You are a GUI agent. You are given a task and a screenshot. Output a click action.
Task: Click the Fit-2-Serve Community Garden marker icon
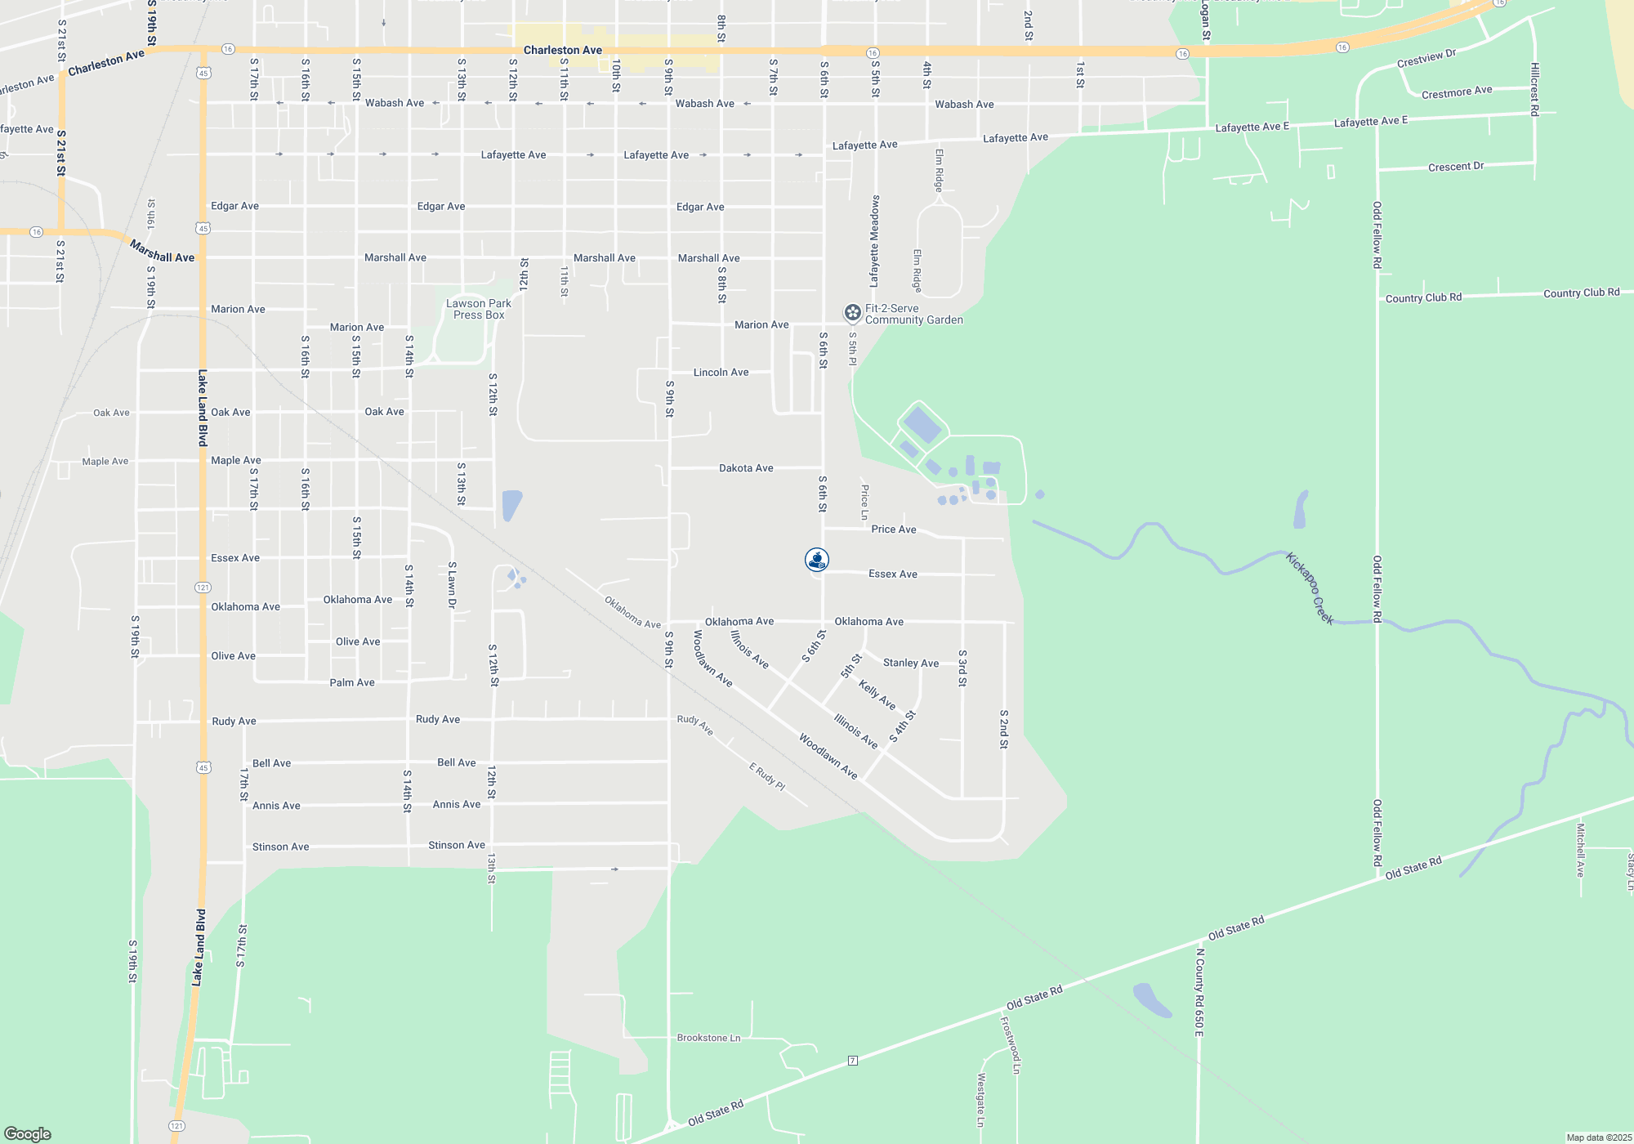(x=852, y=313)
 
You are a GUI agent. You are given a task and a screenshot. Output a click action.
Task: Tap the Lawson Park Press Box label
(x=479, y=309)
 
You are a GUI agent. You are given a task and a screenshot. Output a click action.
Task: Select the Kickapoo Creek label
(x=1310, y=588)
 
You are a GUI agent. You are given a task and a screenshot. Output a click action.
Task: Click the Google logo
(x=28, y=1133)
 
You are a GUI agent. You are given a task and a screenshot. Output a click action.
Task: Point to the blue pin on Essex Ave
(x=817, y=560)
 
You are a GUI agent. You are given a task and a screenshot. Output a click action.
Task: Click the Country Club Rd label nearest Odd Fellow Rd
(x=1423, y=297)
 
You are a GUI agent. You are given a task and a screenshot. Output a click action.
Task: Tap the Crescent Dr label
(x=1455, y=167)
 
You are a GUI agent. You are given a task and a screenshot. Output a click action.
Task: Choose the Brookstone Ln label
(x=708, y=1038)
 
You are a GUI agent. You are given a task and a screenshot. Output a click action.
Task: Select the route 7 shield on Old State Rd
(x=852, y=1061)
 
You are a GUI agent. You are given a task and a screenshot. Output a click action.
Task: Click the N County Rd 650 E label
(x=1199, y=992)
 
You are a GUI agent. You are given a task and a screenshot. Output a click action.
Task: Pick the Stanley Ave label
(x=910, y=663)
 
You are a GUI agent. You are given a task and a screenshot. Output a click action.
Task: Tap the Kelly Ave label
(x=877, y=695)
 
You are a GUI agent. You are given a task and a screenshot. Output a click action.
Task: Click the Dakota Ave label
(x=746, y=468)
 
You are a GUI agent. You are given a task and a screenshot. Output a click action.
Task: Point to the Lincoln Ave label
(x=721, y=373)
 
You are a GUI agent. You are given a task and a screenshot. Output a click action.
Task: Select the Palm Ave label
(x=352, y=682)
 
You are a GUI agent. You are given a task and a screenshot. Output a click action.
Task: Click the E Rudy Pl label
(x=767, y=776)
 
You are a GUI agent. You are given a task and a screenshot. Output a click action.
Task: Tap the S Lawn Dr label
(x=452, y=585)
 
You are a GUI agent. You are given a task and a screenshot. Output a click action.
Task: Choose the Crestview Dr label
(x=1426, y=59)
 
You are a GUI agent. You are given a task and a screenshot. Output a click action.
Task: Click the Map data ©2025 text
(x=1599, y=1137)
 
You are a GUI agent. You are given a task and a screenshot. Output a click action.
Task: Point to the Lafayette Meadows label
(x=874, y=241)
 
